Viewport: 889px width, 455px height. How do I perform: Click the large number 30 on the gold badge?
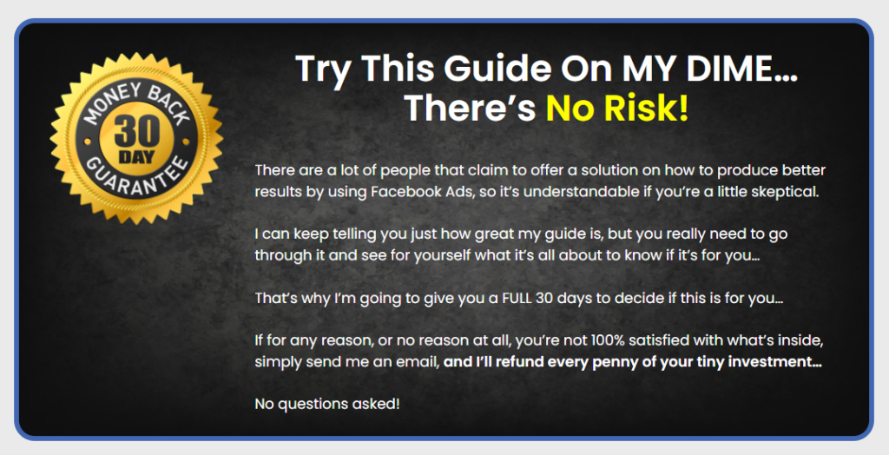(136, 133)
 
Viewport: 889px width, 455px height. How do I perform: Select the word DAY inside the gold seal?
(136, 157)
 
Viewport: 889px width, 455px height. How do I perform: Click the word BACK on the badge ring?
(168, 103)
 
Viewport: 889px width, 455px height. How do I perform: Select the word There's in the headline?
(470, 108)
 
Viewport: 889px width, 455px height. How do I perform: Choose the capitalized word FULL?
(517, 298)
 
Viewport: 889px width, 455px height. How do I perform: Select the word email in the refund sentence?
(419, 363)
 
